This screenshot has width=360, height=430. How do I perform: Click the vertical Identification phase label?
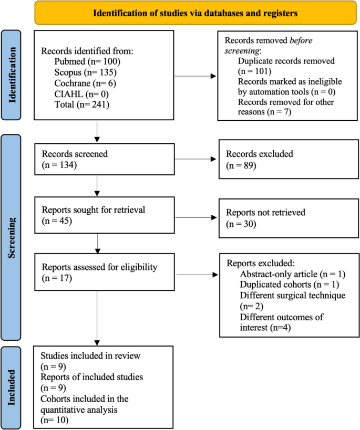pyautogui.click(x=15, y=76)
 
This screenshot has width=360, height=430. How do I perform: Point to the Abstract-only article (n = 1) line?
pyautogui.click(x=292, y=275)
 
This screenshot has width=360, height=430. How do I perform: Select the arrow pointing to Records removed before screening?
pyautogui.click(x=195, y=76)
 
